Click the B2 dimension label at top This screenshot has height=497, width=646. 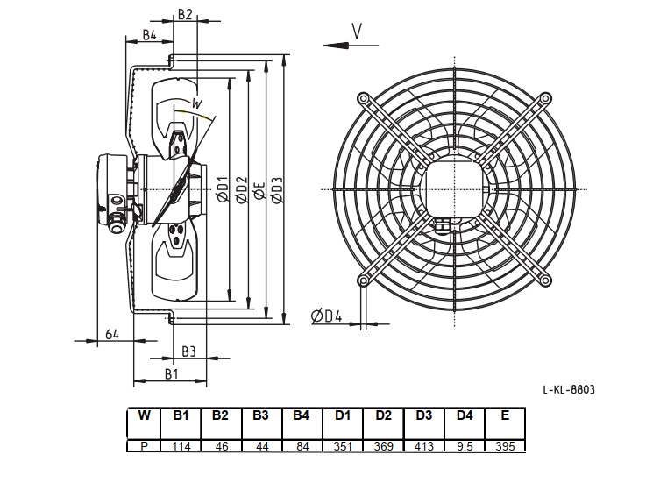(x=185, y=14)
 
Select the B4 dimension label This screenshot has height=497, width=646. (x=150, y=35)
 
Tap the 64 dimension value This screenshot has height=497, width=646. (x=112, y=334)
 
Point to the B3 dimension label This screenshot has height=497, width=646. (x=188, y=351)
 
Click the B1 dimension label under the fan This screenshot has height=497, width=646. (x=172, y=373)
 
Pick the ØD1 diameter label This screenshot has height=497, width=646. (x=222, y=189)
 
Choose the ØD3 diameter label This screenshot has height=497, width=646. (x=277, y=189)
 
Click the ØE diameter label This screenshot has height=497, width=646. (x=259, y=190)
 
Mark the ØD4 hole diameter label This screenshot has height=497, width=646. (x=326, y=316)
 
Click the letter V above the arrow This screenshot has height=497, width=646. (x=357, y=32)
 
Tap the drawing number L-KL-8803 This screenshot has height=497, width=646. (x=569, y=389)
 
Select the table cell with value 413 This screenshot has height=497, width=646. (x=424, y=446)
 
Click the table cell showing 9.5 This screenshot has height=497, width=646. (x=465, y=446)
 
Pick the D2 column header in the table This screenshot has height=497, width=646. (x=383, y=423)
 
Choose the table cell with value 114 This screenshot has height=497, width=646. (x=181, y=446)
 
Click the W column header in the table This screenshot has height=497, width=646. (x=144, y=423)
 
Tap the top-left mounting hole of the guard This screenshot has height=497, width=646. (x=363, y=98)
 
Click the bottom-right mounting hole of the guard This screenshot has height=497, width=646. (x=545, y=281)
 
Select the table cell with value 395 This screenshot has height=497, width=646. (x=505, y=446)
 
